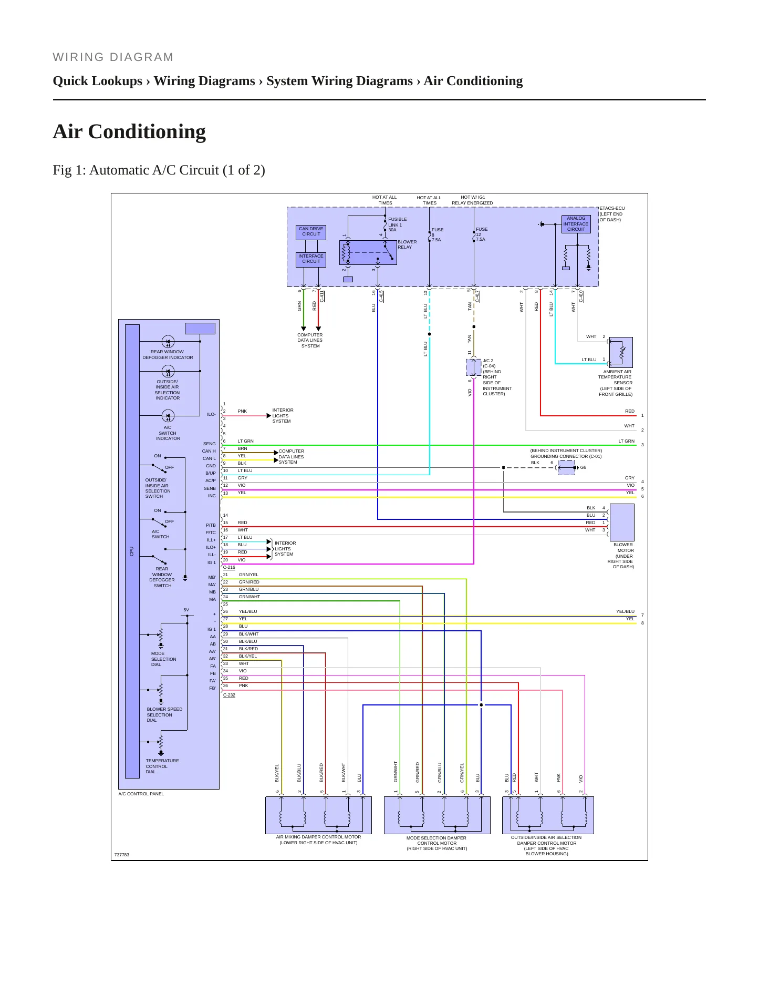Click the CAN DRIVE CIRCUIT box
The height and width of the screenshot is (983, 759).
pos(311,232)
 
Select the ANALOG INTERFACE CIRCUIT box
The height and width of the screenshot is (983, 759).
pos(576,224)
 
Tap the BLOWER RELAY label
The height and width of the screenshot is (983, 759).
pos(407,244)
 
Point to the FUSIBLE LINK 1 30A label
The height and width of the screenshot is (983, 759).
pos(398,224)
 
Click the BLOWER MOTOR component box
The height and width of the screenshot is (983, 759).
pos(622,523)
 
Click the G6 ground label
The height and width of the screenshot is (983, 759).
pos(583,467)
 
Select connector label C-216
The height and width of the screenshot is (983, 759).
pos(229,568)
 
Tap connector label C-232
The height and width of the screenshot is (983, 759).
pos(229,695)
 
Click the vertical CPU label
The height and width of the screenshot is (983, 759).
pos(132,551)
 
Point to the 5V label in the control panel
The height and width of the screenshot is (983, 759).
pos(186,610)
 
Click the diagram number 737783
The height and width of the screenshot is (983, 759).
pos(121,854)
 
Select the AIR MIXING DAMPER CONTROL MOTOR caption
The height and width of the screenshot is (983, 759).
pos(318,839)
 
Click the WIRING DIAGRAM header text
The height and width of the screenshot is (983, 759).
pos(113,57)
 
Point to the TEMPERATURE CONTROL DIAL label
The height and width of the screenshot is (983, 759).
pos(162,766)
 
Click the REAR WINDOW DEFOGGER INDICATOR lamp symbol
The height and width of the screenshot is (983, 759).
pos(168,342)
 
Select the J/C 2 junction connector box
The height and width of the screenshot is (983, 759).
pos(474,367)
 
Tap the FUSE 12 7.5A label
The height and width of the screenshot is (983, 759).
pos(482,234)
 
